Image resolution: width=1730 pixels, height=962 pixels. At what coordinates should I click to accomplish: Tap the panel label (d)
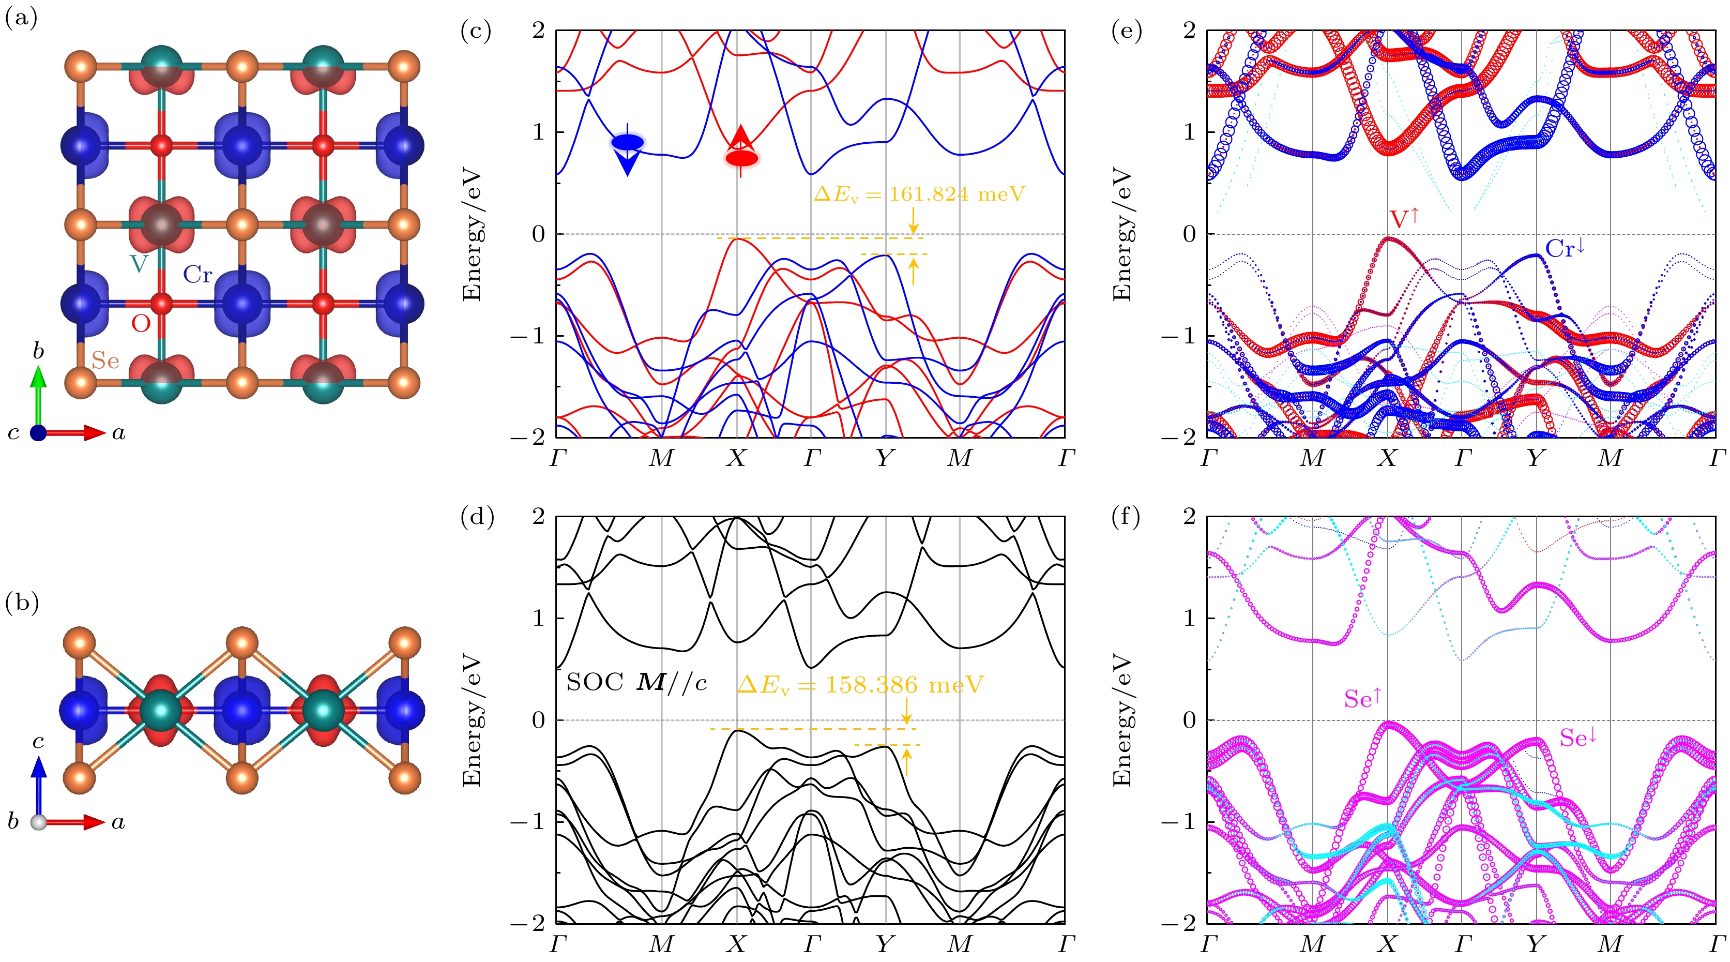[x=477, y=518]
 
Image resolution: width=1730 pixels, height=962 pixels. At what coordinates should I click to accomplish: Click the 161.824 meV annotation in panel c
[x=919, y=195]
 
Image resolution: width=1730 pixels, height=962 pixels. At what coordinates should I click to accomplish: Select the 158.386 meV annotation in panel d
[x=860, y=685]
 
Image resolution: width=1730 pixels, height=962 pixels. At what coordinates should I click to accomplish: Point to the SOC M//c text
[x=636, y=683]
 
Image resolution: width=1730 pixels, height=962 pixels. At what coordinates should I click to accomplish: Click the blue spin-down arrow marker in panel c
[x=627, y=149]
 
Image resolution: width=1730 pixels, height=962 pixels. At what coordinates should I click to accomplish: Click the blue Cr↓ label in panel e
[x=1565, y=249]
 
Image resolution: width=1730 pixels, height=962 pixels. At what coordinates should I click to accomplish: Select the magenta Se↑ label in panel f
[x=1361, y=699]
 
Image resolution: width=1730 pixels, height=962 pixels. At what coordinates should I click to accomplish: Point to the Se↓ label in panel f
[x=1577, y=738]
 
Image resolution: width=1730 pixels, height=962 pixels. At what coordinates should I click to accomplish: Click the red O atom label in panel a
[x=140, y=324]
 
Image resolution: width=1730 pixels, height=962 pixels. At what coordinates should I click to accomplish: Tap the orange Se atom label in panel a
[x=105, y=361]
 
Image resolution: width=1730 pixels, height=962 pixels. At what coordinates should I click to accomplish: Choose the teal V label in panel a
[x=139, y=263]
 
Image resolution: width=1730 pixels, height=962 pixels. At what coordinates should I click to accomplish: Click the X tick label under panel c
[x=737, y=458]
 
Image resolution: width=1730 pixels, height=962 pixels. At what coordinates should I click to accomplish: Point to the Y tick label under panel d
[x=885, y=944]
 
